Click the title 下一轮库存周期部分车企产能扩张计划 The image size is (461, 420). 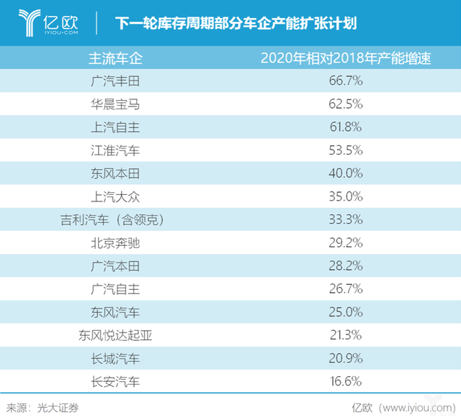click(235, 24)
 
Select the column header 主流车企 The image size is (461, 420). click(111, 58)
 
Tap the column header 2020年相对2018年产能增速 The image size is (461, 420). click(346, 58)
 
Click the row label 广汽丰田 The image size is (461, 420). click(111, 81)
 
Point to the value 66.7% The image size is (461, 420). click(346, 81)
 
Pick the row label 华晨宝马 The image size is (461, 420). click(111, 104)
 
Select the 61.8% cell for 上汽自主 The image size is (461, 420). click(346, 127)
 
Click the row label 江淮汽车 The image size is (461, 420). click(111, 150)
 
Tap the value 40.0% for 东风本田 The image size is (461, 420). click(346, 173)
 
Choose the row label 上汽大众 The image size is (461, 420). click(111, 196)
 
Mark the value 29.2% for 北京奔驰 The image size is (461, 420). click(346, 243)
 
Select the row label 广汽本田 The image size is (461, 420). click(111, 266)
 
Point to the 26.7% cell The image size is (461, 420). click(346, 289)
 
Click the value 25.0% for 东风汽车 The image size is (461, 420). click(346, 313)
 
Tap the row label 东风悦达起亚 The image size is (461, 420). click(111, 336)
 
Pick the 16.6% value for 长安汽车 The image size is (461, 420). click(346, 382)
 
